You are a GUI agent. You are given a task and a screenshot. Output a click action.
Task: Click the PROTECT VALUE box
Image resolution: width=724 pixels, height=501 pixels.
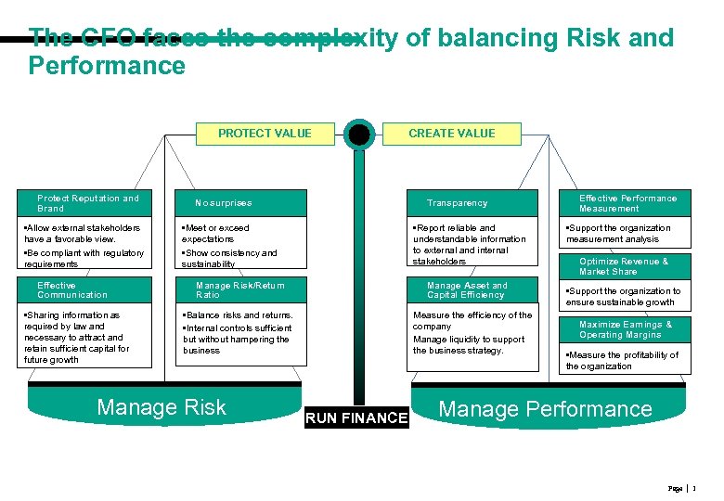click(x=265, y=134)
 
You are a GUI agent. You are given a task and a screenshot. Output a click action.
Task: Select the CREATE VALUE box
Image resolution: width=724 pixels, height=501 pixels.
click(x=452, y=134)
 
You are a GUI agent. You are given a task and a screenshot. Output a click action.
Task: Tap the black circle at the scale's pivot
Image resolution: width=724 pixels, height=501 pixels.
click(x=359, y=135)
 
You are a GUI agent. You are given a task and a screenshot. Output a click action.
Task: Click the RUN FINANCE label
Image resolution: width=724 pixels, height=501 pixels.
click(x=357, y=418)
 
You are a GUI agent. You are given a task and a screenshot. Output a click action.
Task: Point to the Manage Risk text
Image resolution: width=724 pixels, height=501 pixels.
click(x=162, y=407)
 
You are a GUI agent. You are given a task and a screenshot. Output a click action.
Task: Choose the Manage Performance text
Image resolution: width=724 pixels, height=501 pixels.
click(x=545, y=409)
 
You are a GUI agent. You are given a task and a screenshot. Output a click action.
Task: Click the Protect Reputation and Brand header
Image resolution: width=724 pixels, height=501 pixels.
click(x=87, y=203)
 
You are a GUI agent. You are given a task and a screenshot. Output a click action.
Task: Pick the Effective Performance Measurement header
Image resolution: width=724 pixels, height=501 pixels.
click(x=627, y=203)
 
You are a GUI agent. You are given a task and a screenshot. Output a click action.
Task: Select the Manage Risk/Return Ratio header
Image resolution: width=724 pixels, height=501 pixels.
click(x=241, y=290)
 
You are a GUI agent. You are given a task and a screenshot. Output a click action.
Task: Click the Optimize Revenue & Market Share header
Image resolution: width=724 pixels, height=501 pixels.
click(x=624, y=266)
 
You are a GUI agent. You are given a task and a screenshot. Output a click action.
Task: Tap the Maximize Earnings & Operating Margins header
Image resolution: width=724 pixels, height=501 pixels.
click(x=626, y=329)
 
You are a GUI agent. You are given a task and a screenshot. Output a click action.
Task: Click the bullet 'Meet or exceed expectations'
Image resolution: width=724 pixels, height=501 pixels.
click(x=217, y=233)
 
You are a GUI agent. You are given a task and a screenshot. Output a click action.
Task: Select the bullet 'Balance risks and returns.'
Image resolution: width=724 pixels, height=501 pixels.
click(x=239, y=315)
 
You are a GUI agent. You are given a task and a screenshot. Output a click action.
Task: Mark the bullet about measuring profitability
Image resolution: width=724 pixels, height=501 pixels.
click(x=622, y=360)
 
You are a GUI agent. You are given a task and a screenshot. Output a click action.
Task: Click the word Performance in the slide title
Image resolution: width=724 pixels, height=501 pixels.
click(x=107, y=66)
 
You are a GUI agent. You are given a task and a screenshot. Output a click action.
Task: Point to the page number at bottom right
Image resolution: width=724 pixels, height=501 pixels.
click(x=692, y=488)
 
